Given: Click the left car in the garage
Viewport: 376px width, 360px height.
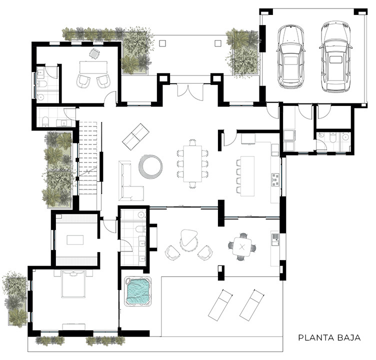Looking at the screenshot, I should coord(291,56).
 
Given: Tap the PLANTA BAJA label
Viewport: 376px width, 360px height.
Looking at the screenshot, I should coord(329,337).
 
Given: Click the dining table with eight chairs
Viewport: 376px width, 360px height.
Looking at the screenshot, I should coord(191,163).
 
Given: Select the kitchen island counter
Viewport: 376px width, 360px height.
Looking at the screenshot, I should coord(247,175).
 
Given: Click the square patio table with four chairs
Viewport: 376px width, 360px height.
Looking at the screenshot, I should coord(242,246).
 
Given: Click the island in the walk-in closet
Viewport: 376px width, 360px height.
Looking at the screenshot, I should coord(75,240).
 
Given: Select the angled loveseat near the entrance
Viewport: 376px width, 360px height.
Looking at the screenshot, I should coord(136,135).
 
